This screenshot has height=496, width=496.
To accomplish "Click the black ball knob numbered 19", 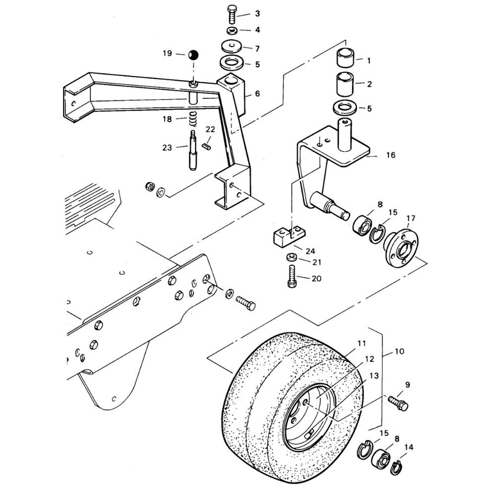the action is click(x=193, y=56).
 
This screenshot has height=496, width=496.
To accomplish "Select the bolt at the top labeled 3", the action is click(x=232, y=14).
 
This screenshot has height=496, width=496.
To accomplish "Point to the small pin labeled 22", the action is click(x=206, y=146).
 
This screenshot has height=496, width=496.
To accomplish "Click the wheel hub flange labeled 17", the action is click(x=401, y=244).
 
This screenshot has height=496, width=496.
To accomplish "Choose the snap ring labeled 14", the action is click(x=396, y=468).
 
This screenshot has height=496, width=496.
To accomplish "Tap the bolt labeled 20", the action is click(x=292, y=276).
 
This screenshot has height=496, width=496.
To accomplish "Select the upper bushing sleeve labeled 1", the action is click(x=346, y=58).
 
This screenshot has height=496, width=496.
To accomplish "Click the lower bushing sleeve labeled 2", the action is click(x=346, y=84).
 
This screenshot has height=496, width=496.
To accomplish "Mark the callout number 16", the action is click(x=391, y=155).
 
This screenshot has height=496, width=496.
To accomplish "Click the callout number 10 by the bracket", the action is click(x=399, y=351).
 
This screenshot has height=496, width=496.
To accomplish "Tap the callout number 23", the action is click(x=167, y=148).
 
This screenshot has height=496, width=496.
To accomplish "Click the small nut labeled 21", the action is click(x=291, y=257).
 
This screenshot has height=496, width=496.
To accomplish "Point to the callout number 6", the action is click(x=257, y=94).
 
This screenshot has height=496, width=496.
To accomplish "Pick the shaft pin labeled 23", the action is click(x=193, y=150).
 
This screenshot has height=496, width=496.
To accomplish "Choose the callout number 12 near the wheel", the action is click(x=369, y=359).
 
